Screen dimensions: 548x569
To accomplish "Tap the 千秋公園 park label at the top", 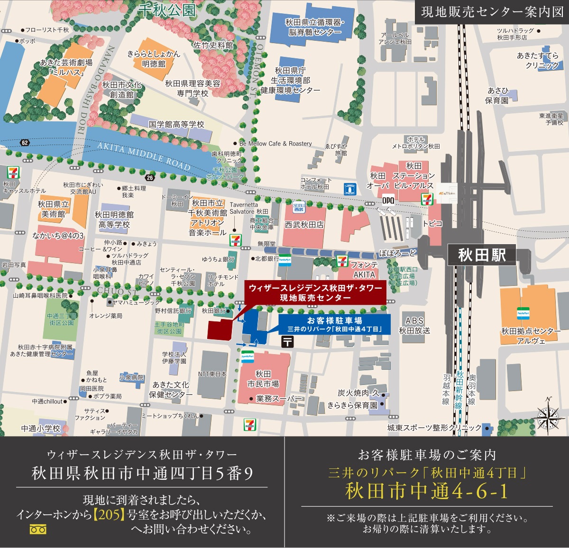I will coord(167,10).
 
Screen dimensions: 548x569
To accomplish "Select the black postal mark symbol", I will coord(287,341).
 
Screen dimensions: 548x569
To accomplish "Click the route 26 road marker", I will coord(150,178).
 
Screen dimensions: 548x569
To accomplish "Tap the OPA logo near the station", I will coord(388,200).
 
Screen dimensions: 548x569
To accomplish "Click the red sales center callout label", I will coord(315,292).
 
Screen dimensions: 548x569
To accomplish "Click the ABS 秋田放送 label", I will coord(414,325).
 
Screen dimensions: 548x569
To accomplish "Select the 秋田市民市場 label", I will coord(263,379).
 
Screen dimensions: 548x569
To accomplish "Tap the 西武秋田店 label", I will coord(304,225).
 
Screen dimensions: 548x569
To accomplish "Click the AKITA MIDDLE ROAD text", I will coord(144,156).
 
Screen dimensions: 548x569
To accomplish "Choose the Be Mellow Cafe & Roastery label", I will coord(275,143).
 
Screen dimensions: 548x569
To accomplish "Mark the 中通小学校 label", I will coord(41,429).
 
